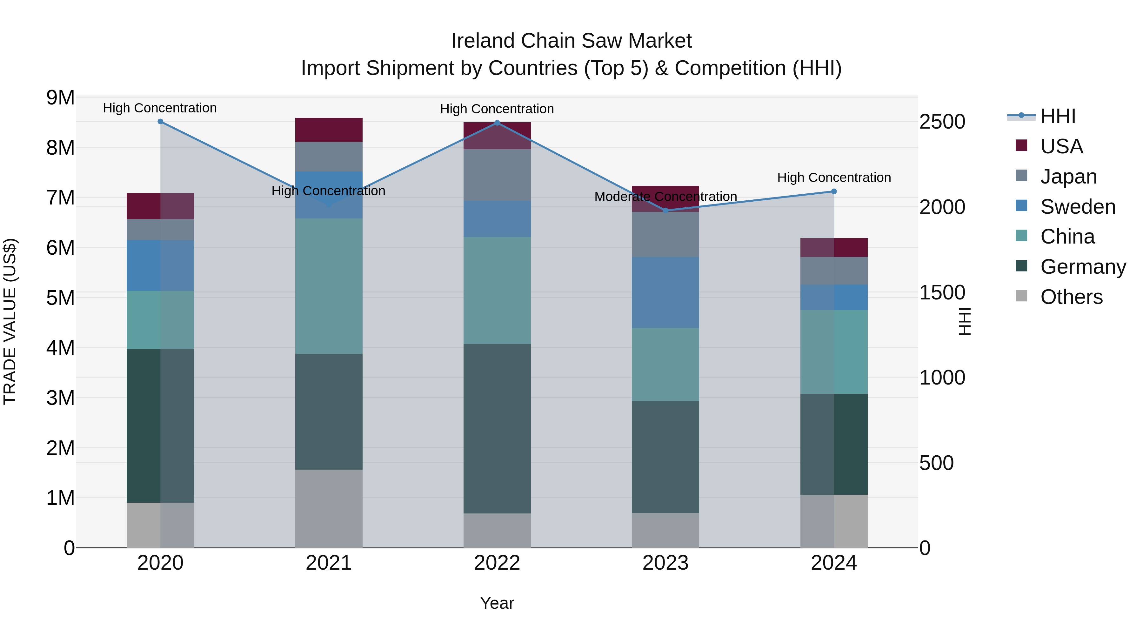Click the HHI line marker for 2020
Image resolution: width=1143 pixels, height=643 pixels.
point(160,122)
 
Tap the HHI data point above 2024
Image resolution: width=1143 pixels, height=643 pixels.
point(834,191)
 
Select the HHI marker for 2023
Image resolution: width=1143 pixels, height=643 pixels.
point(665,210)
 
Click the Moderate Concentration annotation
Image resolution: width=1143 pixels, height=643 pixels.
point(665,197)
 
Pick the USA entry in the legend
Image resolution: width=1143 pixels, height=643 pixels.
point(1061,146)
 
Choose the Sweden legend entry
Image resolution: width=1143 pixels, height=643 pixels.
point(1077,207)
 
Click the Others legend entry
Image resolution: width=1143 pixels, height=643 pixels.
point(1071,297)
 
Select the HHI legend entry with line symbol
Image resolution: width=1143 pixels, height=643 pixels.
point(1058,116)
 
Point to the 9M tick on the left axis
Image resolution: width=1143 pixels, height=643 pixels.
point(60,97)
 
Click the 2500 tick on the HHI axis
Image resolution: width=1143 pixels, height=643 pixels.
point(942,122)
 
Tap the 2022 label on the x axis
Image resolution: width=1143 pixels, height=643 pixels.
point(497,563)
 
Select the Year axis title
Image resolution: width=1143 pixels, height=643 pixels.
point(497,603)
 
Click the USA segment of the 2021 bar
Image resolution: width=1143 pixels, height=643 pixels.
point(329,130)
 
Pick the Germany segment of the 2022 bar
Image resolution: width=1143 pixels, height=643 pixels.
point(497,428)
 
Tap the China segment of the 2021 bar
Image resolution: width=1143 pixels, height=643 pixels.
point(329,286)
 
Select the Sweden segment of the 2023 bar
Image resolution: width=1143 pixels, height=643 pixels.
point(665,292)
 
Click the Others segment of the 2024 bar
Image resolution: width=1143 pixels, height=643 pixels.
point(834,521)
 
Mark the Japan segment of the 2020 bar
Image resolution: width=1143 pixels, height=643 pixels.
point(160,230)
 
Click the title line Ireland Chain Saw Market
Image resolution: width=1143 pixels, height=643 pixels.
point(571,41)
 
